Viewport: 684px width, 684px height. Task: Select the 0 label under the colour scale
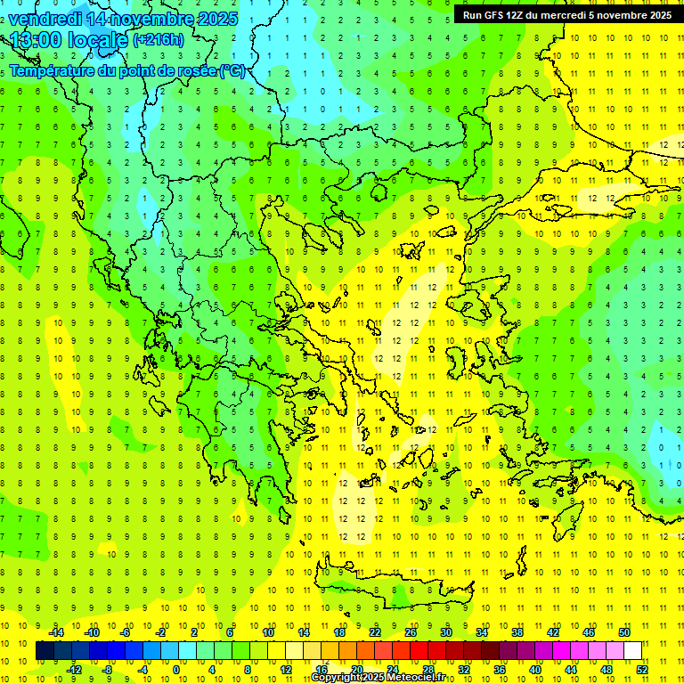176,670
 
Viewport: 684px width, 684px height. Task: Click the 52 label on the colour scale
642,670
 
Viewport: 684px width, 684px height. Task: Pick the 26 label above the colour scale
411,632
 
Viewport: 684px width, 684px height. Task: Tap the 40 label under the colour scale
535,670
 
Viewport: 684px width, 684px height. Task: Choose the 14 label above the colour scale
304,632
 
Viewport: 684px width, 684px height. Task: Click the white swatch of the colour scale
632,651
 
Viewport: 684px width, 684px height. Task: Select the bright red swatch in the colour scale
419,651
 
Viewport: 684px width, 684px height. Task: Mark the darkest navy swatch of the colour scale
45,651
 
